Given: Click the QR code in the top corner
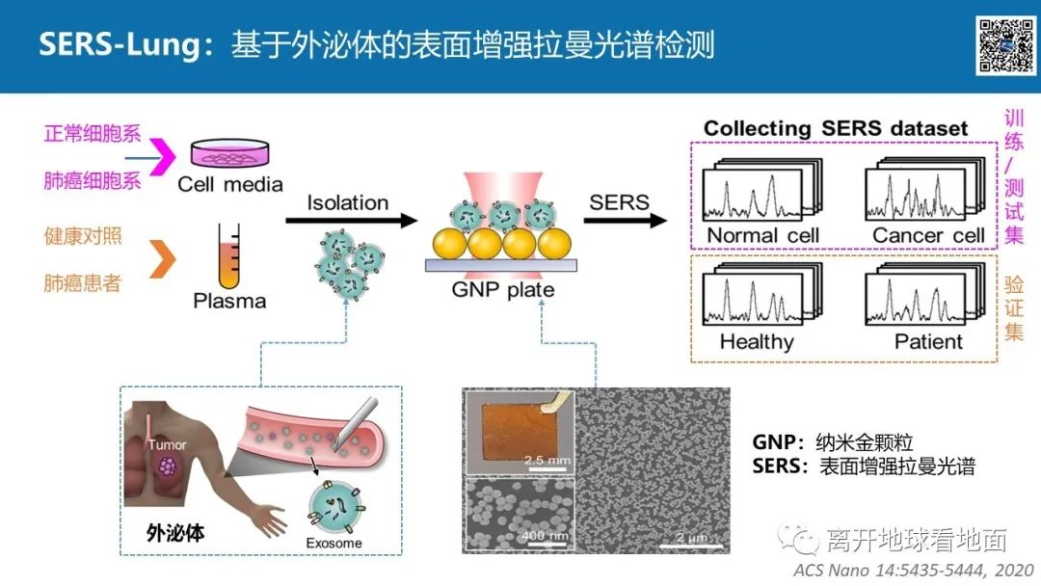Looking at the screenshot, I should [1006, 44].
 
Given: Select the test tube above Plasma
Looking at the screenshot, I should [228, 255].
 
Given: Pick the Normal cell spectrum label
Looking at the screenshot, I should [762, 235].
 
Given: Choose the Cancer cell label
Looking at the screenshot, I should [928, 235].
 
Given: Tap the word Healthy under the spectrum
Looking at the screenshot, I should [757, 341].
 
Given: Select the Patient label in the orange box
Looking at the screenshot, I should [928, 341].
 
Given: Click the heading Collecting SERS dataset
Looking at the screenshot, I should [835, 128].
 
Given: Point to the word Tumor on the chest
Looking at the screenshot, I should [167, 445].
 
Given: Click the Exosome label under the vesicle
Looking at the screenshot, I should [334, 543].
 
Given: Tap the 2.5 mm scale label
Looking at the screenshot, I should [546, 460].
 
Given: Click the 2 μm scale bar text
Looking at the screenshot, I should [693, 536].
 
